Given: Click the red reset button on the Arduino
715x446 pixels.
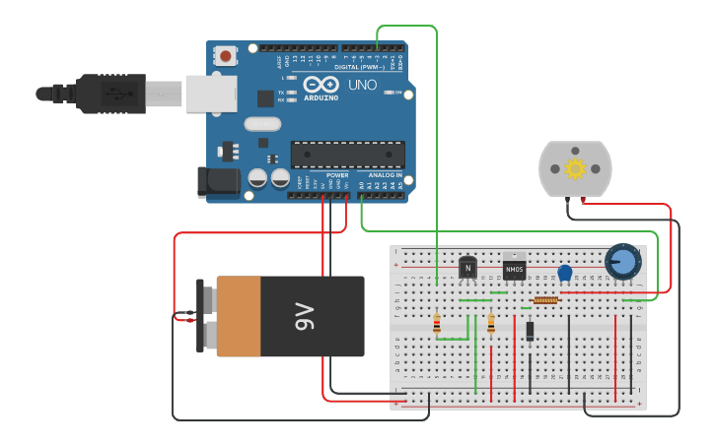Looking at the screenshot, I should pyautogui.click(x=227, y=56).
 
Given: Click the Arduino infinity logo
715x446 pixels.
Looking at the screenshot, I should pyautogui.click(x=320, y=85).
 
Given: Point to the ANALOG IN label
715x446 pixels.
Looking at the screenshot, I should pyautogui.click(x=386, y=174).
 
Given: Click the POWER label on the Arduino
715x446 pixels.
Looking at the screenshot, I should pyautogui.click(x=337, y=174).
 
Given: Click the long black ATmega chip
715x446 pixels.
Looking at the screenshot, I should pyautogui.click(x=347, y=155).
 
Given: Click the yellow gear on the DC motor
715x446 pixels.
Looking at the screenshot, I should pyautogui.click(x=575, y=168).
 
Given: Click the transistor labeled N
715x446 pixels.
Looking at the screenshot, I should pyautogui.click(x=467, y=267).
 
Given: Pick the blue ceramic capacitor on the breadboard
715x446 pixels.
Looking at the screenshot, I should pyautogui.click(x=565, y=274).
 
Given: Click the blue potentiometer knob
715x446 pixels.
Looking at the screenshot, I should pyautogui.click(x=622, y=262).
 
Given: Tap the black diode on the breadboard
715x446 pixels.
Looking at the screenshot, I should pyautogui.click(x=530, y=331).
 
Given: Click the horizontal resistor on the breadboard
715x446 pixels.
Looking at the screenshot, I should pyautogui.click(x=545, y=300).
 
